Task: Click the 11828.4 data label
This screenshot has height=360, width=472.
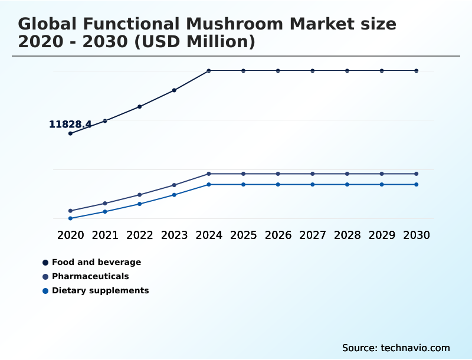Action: tap(70, 125)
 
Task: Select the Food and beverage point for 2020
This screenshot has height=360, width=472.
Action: tap(70, 133)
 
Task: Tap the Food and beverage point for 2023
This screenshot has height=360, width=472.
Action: tap(174, 90)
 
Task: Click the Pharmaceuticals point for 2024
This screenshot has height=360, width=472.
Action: tap(209, 174)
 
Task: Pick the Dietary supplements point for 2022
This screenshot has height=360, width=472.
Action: tap(140, 204)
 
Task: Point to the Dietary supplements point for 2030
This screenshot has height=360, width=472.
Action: tap(417, 184)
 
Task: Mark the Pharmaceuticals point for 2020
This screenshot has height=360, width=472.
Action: tap(70, 211)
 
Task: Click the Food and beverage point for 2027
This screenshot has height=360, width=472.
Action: tap(313, 71)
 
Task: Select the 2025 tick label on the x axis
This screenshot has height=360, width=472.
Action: tap(243, 235)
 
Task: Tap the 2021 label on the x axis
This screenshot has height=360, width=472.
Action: tap(105, 235)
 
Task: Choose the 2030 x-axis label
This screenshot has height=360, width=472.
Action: tap(417, 235)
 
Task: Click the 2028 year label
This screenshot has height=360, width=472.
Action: tap(347, 235)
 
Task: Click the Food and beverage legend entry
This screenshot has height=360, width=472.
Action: tap(96, 262)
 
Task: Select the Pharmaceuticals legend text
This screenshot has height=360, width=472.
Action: tap(90, 276)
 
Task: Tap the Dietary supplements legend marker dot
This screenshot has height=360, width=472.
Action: tap(45, 291)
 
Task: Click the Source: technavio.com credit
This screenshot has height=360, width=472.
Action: tap(396, 348)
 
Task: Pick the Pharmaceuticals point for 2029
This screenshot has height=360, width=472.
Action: tap(382, 174)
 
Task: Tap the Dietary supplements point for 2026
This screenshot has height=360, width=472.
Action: tap(278, 184)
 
